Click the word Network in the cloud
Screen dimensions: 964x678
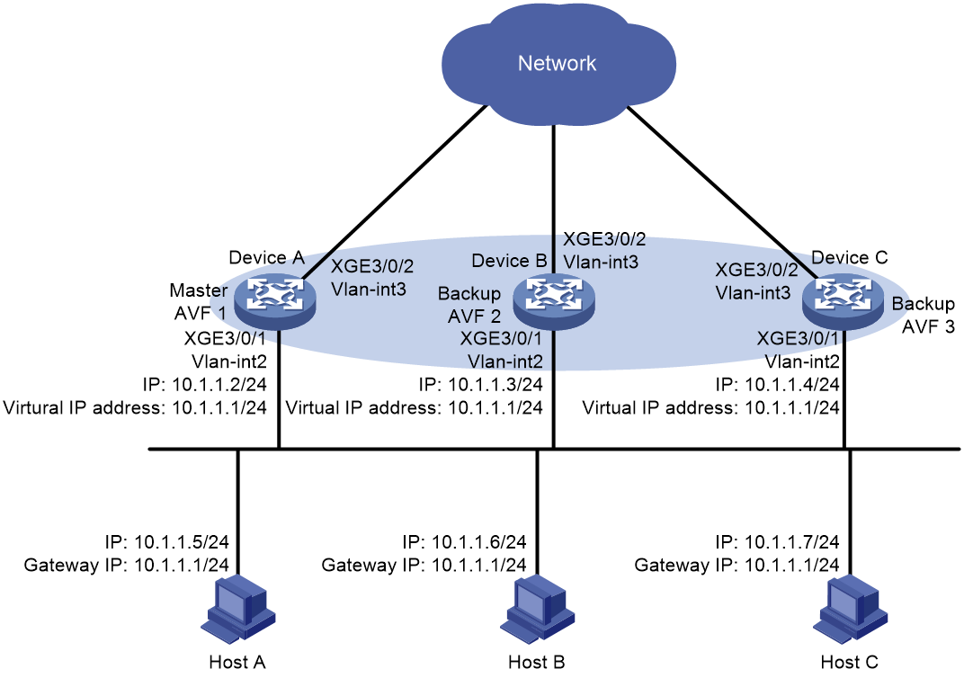coord(557,63)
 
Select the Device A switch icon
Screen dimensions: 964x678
coord(276,300)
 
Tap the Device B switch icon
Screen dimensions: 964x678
coord(554,300)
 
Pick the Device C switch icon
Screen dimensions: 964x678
coord(843,300)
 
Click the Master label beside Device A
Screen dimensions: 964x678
coord(199,290)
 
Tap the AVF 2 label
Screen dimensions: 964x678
coord(474,317)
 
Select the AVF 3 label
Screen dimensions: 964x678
coord(928,327)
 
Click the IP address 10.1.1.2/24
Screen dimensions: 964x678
coord(219,385)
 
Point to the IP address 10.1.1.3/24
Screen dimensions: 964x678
coord(495,385)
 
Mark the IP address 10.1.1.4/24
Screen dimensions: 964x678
coord(792,385)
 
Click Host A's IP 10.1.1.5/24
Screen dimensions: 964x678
coord(182,541)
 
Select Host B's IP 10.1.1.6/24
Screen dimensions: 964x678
coord(479,541)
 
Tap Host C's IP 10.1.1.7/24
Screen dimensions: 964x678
coord(792,541)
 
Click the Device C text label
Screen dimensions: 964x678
coord(850,257)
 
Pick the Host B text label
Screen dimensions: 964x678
coord(537,662)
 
